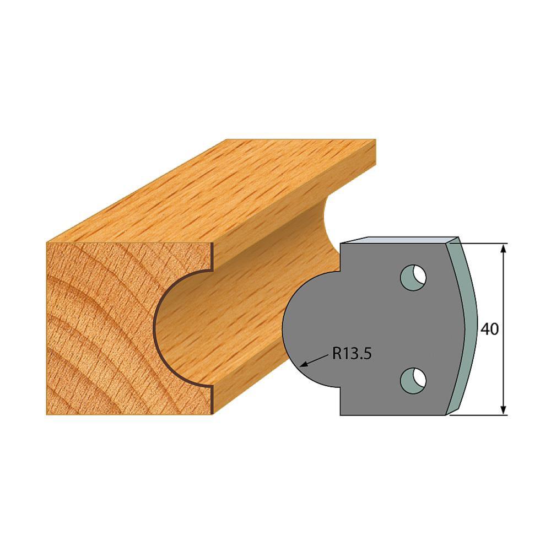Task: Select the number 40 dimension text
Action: (490, 329)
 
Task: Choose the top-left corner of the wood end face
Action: (48, 243)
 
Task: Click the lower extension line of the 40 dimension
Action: (479, 415)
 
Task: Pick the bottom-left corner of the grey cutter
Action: (341, 414)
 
